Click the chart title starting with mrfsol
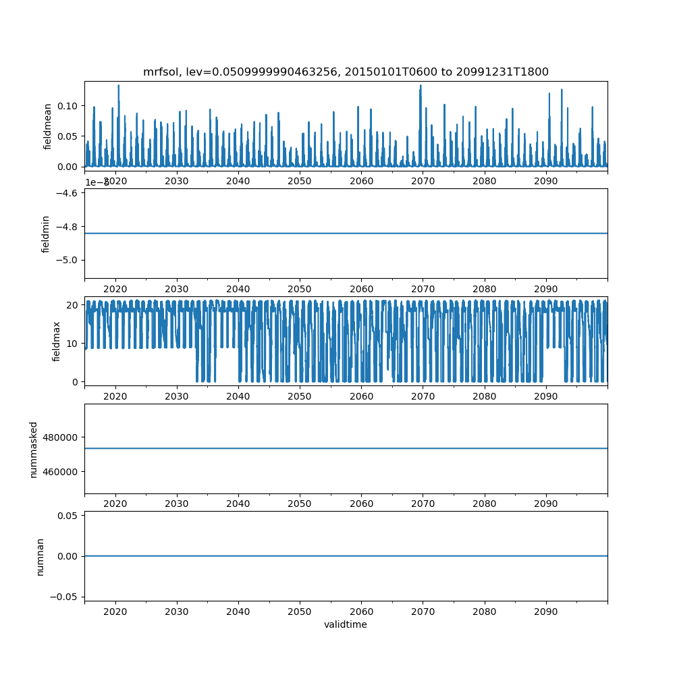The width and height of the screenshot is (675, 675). tap(346, 72)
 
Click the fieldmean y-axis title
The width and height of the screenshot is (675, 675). tap(47, 126)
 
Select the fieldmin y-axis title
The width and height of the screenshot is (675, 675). tap(47, 234)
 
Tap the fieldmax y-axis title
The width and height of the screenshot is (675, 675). tap(57, 341)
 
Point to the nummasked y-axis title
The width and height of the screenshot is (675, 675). tap(33, 449)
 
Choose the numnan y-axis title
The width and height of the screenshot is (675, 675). tap(40, 556)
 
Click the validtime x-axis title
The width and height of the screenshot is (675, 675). tap(346, 624)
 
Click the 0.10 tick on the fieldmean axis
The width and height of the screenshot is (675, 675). tap(67, 106)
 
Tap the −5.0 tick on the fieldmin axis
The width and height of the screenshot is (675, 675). tap(67, 260)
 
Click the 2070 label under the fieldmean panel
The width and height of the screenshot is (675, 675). tap(423, 181)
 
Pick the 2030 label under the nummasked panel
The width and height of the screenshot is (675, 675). tap(177, 504)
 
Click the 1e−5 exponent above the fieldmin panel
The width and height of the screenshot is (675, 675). tap(97, 183)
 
